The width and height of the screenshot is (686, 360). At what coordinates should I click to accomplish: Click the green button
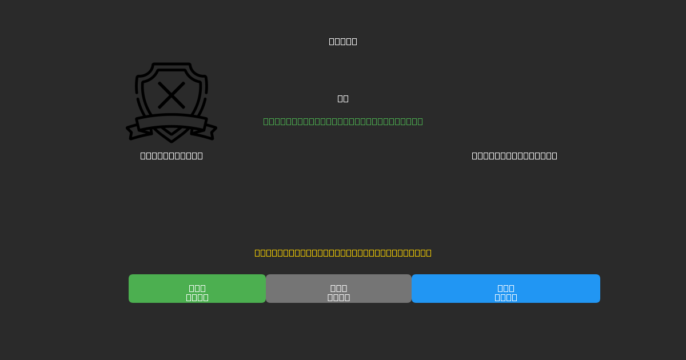[197, 289]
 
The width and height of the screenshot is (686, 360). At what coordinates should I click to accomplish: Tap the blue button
[506, 289]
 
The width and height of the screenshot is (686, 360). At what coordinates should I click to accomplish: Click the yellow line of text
[343, 253]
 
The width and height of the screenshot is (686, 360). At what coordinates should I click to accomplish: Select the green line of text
[343, 121]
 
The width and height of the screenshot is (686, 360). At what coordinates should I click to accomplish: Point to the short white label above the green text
[343, 98]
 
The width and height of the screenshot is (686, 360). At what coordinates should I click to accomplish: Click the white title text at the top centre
[343, 41]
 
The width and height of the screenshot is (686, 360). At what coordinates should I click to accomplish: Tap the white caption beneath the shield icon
[171, 155]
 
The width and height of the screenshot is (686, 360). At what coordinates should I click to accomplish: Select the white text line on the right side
[514, 155]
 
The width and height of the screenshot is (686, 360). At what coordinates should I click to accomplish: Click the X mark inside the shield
[171, 95]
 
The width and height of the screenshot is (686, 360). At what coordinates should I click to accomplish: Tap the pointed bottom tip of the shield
[171, 140]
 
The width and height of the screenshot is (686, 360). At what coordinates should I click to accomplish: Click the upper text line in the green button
[197, 287]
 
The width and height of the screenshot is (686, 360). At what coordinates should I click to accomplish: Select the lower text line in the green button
[197, 297]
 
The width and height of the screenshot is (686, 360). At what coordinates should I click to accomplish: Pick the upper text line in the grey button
[338, 287]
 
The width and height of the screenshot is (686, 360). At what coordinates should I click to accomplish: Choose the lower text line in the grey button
[338, 297]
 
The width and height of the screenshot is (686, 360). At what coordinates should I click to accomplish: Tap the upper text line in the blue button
[506, 287]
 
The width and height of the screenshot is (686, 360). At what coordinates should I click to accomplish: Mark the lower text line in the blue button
[506, 297]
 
